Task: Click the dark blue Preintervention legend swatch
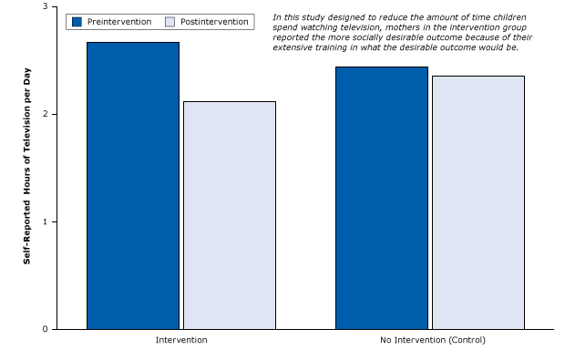pos(77,22)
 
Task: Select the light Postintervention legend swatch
pos(169,22)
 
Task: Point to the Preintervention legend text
pos(119,22)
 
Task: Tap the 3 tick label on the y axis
pos(45,7)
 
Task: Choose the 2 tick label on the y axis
pos(45,114)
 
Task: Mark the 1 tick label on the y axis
pos(45,221)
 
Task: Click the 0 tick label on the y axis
pos(45,329)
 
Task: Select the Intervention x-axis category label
pos(181,340)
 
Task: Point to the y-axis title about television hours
pos(28,166)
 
